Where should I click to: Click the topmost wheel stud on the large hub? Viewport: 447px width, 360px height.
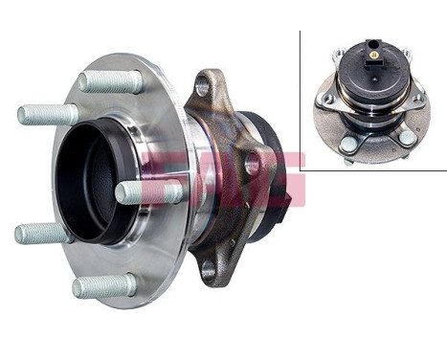coord(110,81)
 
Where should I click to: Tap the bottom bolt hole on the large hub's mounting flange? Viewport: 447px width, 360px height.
coord(209,271)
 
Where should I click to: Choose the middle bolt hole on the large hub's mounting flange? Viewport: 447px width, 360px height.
coord(252,164)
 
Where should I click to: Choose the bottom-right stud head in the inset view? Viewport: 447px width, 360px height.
coord(407,137)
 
